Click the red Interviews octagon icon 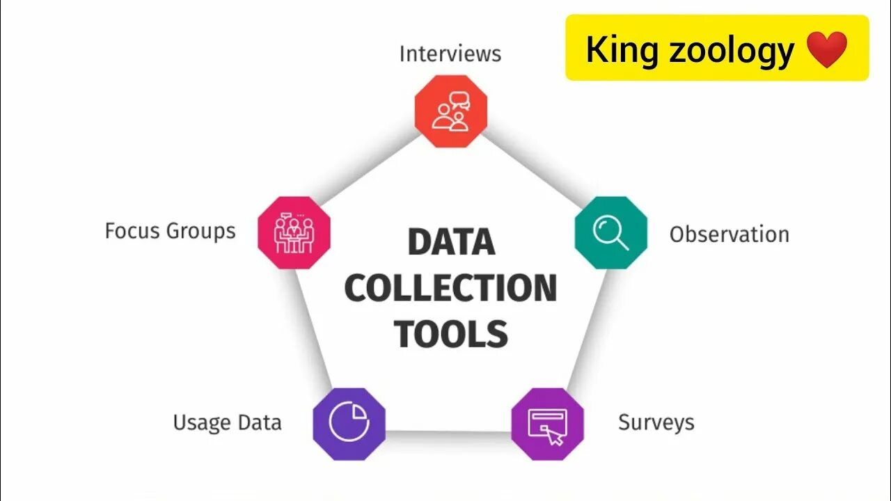[451, 111]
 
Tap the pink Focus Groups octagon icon [294, 232]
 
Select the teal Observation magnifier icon [610, 232]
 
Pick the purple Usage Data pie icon [349, 423]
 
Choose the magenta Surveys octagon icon [547, 423]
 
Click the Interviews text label [450, 54]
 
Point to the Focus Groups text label [170, 231]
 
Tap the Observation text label [729, 234]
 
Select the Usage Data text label [227, 422]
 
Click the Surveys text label [656, 422]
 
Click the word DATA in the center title [451, 242]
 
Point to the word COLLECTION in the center [450, 288]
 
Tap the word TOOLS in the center [451, 334]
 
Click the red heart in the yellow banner [827, 49]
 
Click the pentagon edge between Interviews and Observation [530, 172]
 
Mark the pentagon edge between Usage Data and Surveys [448, 433]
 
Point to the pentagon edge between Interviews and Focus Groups [372, 172]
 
